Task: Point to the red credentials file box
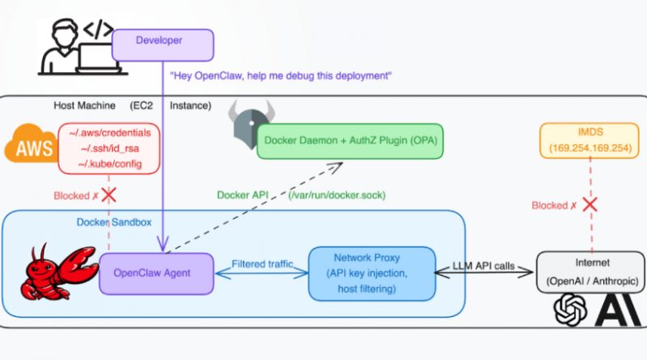point(108,147)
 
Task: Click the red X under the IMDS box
point(590,204)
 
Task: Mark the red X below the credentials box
point(108,196)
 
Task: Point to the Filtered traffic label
point(257,264)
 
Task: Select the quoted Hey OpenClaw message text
point(281,76)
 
